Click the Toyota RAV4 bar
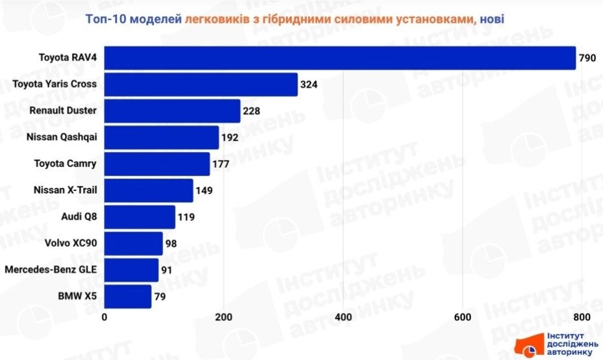(x=340, y=58)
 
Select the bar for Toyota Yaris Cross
(x=201, y=84)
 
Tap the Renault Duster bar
(x=172, y=111)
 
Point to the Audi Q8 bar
(x=140, y=217)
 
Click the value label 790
(x=587, y=58)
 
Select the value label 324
(x=309, y=85)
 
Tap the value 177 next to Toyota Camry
(x=221, y=164)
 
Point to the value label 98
(x=172, y=244)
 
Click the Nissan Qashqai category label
(x=61, y=137)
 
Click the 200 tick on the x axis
(x=224, y=317)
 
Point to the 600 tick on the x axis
(x=462, y=317)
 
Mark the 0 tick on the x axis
(x=105, y=317)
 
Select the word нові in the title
(x=493, y=19)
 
